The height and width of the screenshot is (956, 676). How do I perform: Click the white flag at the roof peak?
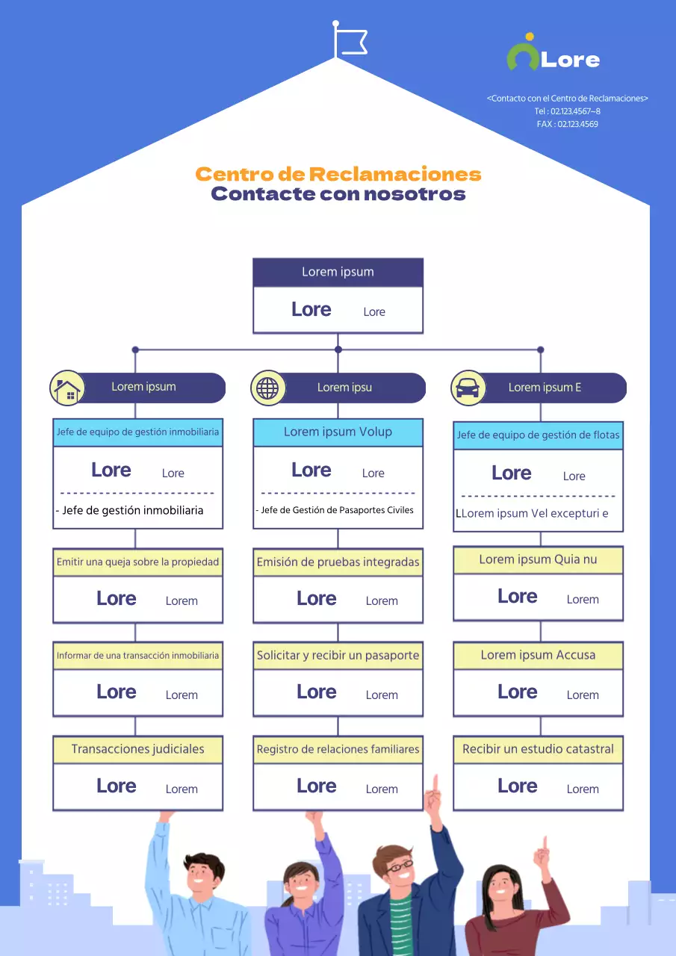click(x=350, y=42)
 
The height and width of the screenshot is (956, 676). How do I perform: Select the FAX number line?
click(x=567, y=124)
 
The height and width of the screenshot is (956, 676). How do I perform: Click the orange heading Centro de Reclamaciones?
click(x=338, y=175)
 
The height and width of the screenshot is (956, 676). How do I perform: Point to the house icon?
click(x=66, y=388)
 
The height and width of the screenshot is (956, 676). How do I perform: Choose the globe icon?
click(x=267, y=388)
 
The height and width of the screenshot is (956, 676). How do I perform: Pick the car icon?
click(x=468, y=388)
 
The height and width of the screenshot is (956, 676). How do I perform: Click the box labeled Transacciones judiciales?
click(x=137, y=749)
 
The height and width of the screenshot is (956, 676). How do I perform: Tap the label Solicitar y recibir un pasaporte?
click(x=338, y=655)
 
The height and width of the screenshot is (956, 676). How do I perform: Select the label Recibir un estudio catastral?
click(x=538, y=749)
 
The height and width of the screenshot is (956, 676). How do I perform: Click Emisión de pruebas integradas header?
click(x=338, y=562)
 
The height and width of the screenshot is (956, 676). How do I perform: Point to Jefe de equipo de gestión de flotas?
click(x=538, y=435)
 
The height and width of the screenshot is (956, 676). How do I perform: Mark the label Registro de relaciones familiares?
click(x=338, y=749)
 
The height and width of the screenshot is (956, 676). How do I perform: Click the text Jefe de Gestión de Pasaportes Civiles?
click(x=336, y=510)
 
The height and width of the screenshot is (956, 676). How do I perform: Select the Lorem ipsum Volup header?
click(x=338, y=432)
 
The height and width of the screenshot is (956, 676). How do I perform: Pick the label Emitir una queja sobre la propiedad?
click(x=137, y=562)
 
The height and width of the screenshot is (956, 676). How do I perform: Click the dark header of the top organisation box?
click(x=338, y=272)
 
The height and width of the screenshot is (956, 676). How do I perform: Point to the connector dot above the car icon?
click(x=541, y=350)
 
